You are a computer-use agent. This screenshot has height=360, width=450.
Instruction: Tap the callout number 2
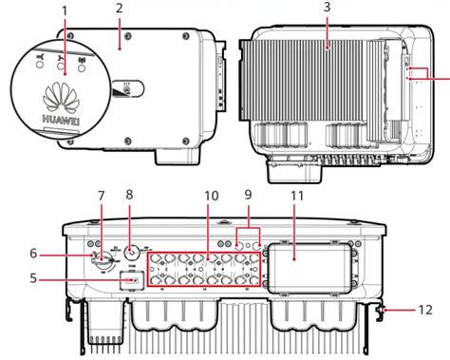(120, 9)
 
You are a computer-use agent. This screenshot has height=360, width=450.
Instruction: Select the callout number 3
(326, 9)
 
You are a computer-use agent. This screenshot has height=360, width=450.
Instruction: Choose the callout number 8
(130, 196)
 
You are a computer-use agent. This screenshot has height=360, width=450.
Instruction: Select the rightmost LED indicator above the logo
(83, 72)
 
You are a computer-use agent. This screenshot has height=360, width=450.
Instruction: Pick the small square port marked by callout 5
(132, 280)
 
